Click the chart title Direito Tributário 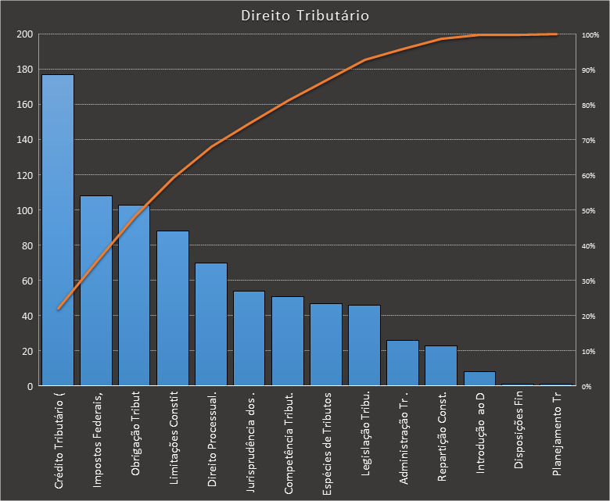click(x=305, y=16)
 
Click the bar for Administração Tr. click(x=403, y=363)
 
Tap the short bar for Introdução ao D click(x=479, y=378)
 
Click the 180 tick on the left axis click(x=24, y=70)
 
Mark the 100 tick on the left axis click(x=24, y=210)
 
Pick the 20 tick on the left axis click(x=27, y=351)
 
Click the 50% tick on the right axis click(x=589, y=211)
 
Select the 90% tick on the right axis click(x=589, y=70)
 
